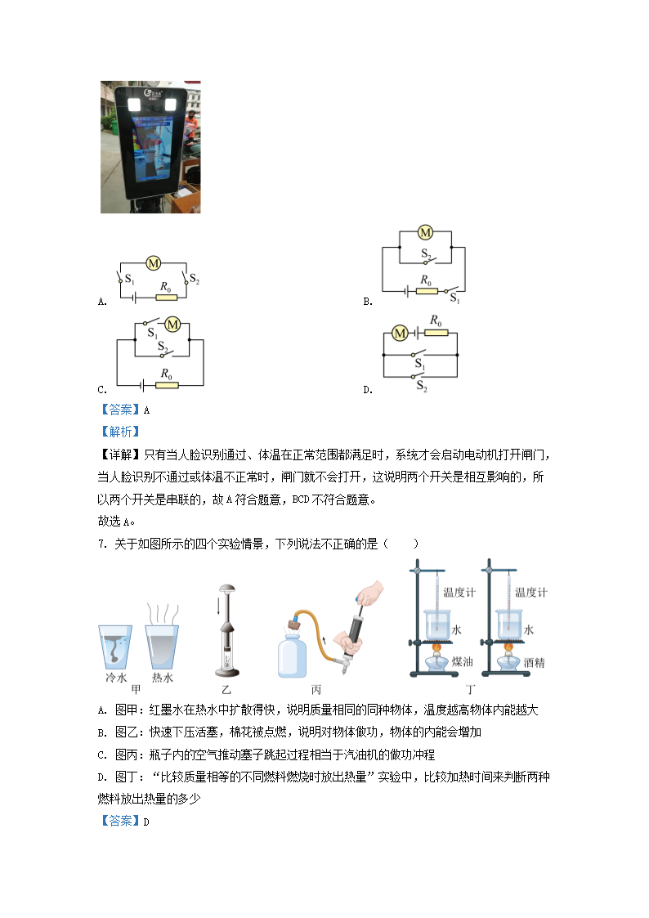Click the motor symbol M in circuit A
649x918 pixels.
pos(154,263)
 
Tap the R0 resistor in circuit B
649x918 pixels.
pos(427,290)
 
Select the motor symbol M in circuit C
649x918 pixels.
pos(172,325)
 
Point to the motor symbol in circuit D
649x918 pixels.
pos(400,334)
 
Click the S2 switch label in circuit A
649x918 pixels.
pos(195,279)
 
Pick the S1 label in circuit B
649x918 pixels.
pos(454,298)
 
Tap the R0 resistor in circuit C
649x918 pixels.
pos(167,385)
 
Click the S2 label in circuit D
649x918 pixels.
pos(421,386)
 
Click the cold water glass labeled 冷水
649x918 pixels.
pos(114,647)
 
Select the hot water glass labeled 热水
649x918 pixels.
pos(162,647)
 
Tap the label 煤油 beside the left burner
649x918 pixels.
pos(462,661)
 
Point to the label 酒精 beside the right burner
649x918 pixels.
pos(534,663)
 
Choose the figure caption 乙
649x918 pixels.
pos(226,690)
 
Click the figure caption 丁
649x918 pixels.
pos(471,690)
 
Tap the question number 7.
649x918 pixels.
pos(102,544)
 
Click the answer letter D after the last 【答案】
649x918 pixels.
pos(146,822)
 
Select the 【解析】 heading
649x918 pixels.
pos(120,432)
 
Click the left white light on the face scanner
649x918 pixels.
pos(134,105)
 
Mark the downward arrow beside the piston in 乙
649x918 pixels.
pos(218,606)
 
